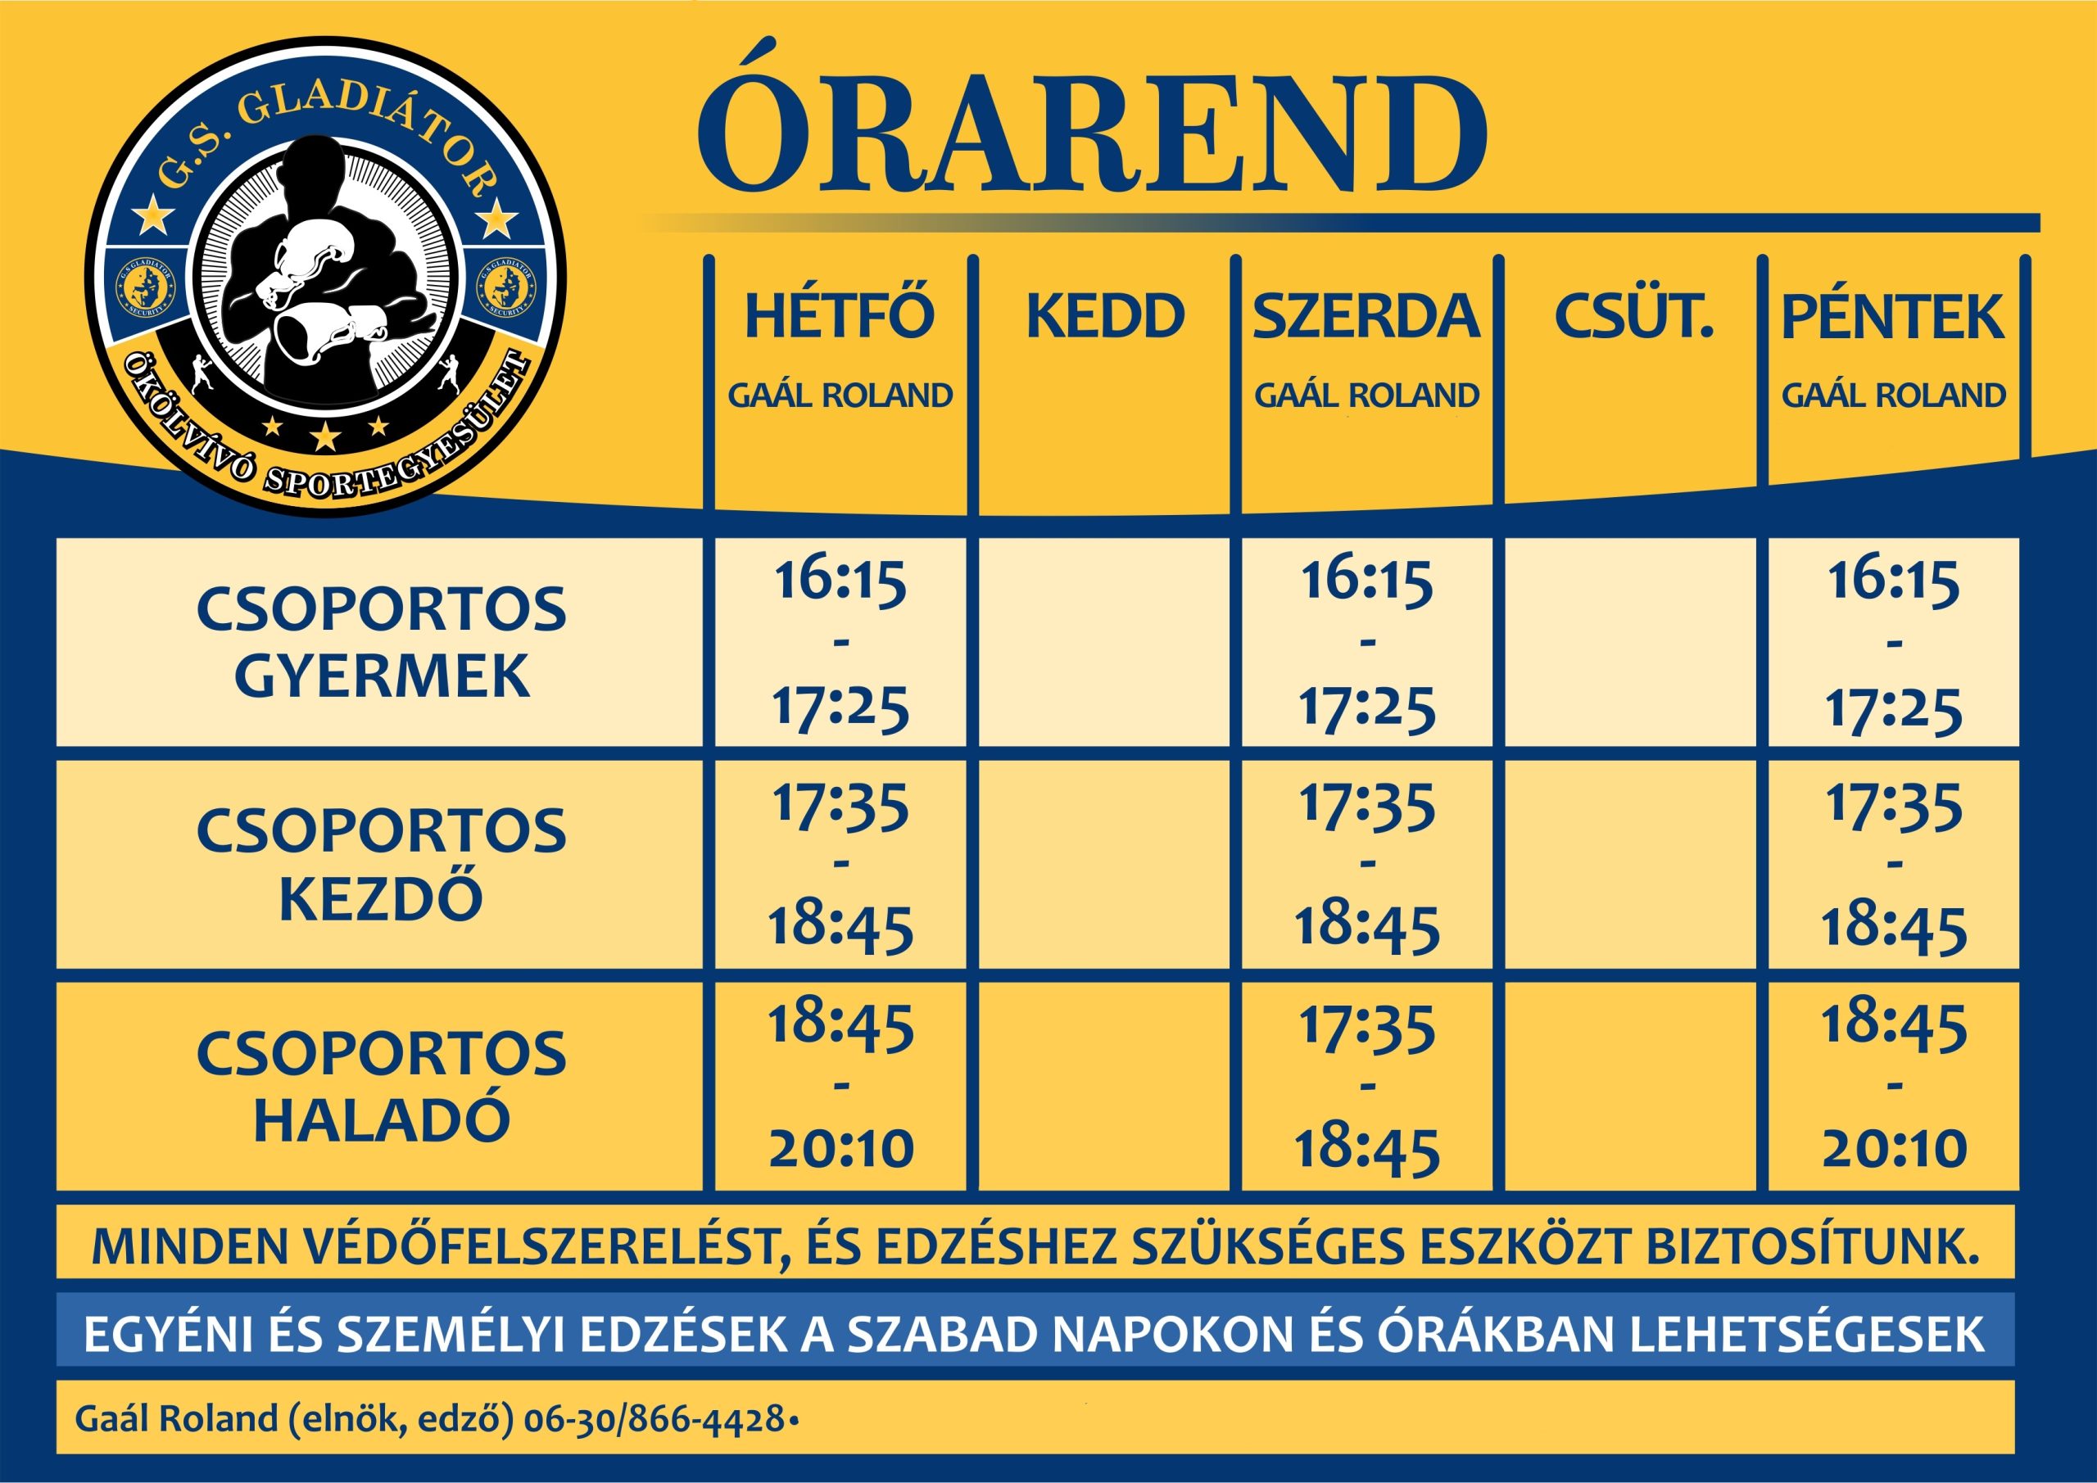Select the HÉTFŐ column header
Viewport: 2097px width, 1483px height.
tap(840, 315)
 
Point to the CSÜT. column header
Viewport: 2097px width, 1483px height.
tap(1633, 314)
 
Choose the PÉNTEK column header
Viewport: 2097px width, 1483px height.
tap(1892, 316)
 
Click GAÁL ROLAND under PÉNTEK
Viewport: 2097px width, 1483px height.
tap(1893, 395)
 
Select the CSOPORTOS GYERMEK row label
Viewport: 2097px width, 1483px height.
tap(382, 643)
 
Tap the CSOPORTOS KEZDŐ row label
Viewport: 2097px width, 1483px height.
tap(382, 865)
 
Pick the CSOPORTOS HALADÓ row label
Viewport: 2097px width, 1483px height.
tap(382, 1087)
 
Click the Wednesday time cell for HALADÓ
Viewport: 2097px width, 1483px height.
tap(1366, 1087)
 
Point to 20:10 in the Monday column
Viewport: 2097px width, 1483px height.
tap(841, 1148)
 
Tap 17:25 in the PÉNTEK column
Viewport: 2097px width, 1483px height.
tap(1893, 709)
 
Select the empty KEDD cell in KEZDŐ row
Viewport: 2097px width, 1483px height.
tap(1104, 864)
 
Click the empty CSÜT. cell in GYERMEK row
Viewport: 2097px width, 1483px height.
tap(1630, 642)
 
